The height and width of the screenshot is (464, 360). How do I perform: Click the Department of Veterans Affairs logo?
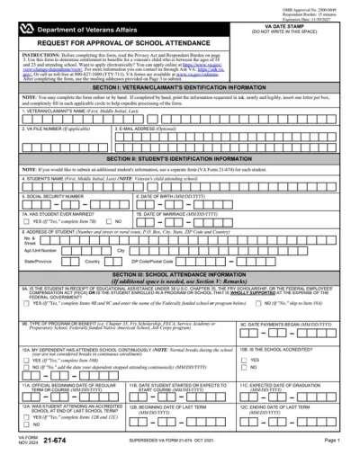tap(27, 30)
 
